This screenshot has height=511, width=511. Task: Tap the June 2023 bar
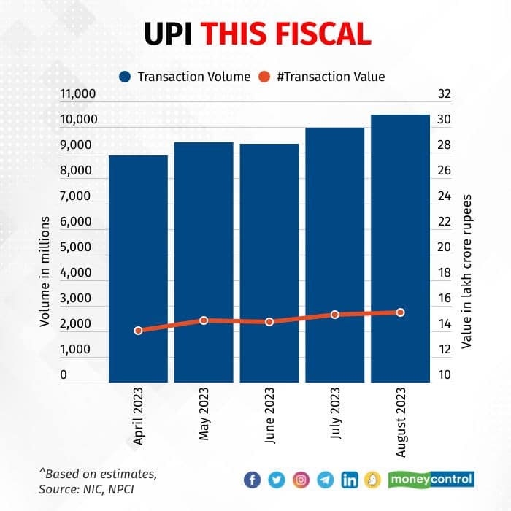269,263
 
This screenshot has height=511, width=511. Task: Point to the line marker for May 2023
204,320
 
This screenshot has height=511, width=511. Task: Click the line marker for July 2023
335,315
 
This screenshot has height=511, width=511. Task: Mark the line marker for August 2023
400,312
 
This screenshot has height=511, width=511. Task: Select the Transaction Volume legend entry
186,76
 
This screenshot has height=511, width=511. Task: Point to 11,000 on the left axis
75,94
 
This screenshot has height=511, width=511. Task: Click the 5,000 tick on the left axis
75,247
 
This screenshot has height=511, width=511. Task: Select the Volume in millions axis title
45,272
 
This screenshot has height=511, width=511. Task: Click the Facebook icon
253,480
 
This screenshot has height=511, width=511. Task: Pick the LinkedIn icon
350,480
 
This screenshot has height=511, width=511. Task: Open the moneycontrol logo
431,480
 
